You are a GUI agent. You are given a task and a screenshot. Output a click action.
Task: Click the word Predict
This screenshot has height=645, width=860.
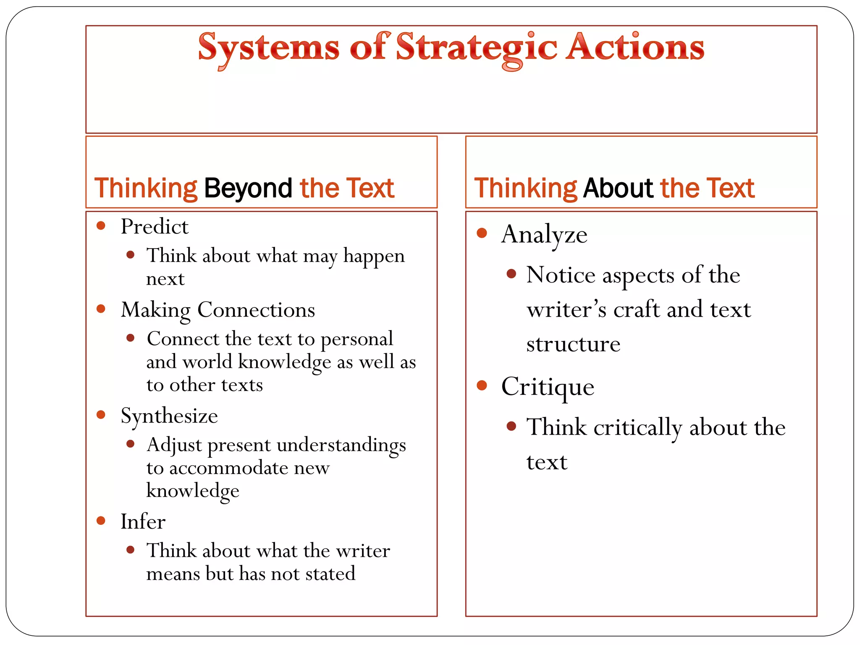(x=155, y=227)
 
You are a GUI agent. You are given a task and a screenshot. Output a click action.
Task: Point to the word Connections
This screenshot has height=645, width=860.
(x=256, y=310)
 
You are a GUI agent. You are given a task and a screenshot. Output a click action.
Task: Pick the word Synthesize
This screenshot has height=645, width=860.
(x=169, y=416)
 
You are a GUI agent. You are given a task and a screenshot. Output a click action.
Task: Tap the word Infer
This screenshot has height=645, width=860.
(x=143, y=522)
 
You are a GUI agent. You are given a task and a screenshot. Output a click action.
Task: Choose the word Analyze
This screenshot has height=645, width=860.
(x=544, y=235)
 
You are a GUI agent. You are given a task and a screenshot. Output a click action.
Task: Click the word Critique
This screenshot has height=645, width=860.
(x=548, y=387)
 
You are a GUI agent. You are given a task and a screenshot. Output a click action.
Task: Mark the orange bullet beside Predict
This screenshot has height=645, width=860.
(x=101, y=226)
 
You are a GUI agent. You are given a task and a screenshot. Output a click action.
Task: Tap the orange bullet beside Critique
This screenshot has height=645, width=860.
(x=482, y=385)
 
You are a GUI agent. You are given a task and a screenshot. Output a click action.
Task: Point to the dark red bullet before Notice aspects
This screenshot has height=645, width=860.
(x=511, y=274)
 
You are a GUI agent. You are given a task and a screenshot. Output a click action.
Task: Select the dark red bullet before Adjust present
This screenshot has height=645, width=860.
(x=131, y=444)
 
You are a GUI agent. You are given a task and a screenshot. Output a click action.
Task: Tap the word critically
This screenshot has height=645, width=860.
(x=638, y=428)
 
